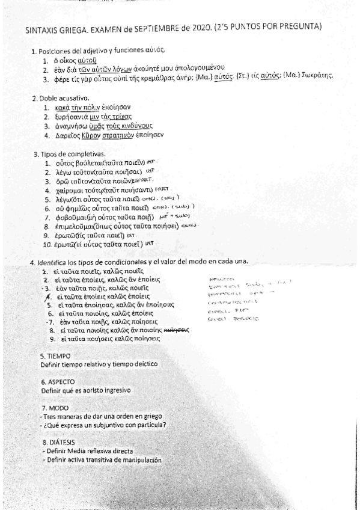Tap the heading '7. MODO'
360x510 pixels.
click(x=55, y=408)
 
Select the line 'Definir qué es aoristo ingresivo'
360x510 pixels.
click(x=86, y=390)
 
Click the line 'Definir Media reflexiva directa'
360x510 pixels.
click(x=87, y=450)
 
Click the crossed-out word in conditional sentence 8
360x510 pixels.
click(x=177, y=330)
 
